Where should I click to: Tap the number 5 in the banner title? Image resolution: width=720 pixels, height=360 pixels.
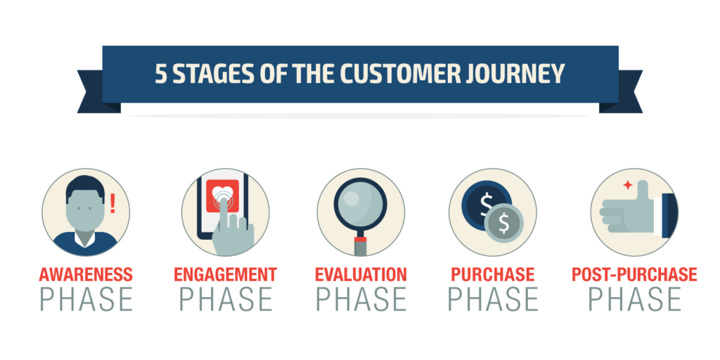click(x=161, y=74)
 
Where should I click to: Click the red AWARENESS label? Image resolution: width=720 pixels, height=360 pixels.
click(x=86, y=275)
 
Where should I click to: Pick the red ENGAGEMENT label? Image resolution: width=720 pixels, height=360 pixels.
click(x=226, y=275)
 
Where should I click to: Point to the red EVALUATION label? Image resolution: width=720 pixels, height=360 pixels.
click(x=361, y=275)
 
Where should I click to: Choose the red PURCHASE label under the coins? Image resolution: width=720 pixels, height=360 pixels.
click(x=493, y=275)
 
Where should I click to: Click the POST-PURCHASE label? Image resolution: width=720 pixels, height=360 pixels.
click(x=634, y=275)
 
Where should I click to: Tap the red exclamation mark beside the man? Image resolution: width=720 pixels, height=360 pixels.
click(x=112, y=203)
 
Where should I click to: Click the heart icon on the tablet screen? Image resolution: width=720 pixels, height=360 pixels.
click(x=222, y=192)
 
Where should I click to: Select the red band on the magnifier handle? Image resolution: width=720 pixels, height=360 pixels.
click(x=361, y=239)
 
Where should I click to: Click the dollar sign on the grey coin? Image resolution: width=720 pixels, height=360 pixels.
click(x=503, y=223)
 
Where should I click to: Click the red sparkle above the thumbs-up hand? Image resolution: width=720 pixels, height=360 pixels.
click(x=628, y=185)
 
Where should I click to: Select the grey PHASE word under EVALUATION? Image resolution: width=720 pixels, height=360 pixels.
click(x=361, y=299)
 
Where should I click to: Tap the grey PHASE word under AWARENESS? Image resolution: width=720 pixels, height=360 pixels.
click(x=86, y=299)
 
